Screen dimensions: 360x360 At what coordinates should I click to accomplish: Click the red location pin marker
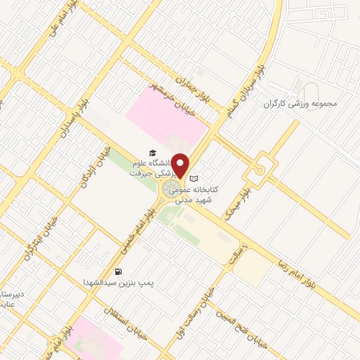pos(181,166)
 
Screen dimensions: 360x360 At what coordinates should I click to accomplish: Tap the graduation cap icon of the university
pos(152,153)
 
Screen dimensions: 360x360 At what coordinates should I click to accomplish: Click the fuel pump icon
pos(118,271)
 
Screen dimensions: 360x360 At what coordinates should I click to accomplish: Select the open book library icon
pos(195,179)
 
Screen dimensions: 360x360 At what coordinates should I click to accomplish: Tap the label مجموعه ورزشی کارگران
pos(300,103)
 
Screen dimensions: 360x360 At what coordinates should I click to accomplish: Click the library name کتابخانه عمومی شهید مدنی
pos(231,195)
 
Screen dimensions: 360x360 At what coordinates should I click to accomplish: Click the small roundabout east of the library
pos(259,169)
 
